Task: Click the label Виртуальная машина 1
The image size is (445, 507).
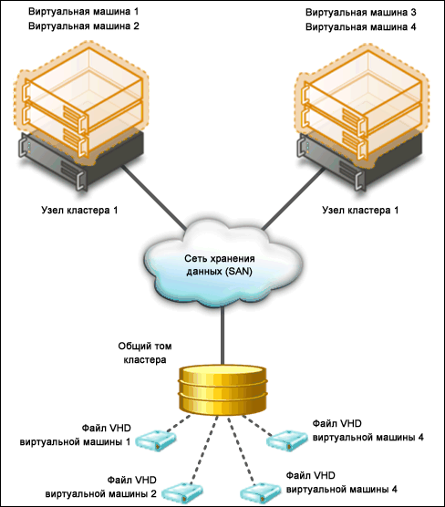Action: [x=84, y=12]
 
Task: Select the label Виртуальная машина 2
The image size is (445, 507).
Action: [x=84, y=26]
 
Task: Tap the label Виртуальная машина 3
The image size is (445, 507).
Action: [x=361, y=13]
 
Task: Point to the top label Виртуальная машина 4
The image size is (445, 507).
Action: [x=361, y=26]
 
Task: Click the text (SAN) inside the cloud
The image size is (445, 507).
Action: [x=238, y=272]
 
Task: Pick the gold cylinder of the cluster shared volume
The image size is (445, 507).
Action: [x=222, y=390]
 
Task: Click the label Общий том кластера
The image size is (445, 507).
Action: [x=145, y=353]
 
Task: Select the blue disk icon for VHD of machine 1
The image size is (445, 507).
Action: [x=156, y=440]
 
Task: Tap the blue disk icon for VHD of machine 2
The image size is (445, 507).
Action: [x=182, y=492]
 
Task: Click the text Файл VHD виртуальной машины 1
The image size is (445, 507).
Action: [x=75, y=435]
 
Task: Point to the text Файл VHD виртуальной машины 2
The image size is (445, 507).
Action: [x=100, y=487]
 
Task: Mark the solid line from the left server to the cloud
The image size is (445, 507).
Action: [x=153, y=198]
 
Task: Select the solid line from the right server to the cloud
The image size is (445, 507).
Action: [x=293, y=199]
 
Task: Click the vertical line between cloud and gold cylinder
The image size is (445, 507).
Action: [x=222, y=336]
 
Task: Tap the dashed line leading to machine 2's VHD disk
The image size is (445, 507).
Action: [x=204, y=450]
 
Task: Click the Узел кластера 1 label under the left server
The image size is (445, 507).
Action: [x=79, y=211]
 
